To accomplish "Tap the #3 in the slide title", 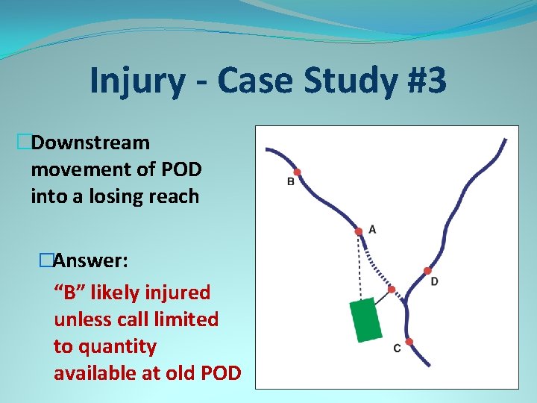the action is (424, 81).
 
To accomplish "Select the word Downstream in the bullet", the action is (90, 142).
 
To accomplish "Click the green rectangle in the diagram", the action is (365, 319).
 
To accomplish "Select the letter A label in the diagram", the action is (372, 229).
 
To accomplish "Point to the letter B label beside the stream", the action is (291, 181).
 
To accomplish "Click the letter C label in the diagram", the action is (397, 349).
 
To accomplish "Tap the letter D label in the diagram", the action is (434, 281).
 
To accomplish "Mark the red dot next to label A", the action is (359, 231).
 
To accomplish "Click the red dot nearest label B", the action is (297, 172).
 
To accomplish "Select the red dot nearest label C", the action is (409, 342).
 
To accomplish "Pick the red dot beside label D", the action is (427, 270).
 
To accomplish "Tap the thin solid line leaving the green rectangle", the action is (382, 298).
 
